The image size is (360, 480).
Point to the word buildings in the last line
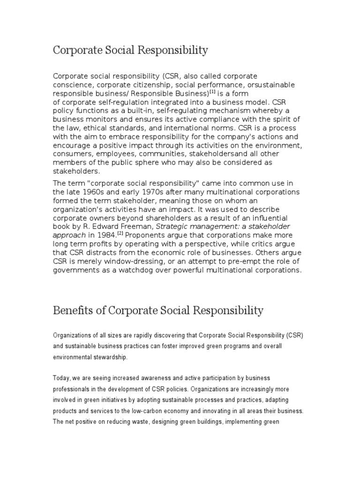220,422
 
